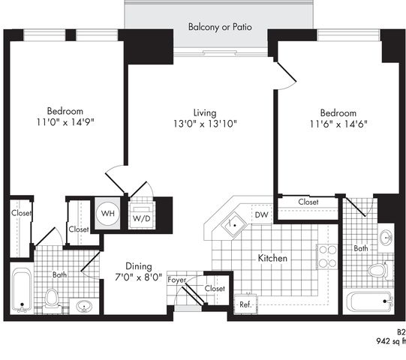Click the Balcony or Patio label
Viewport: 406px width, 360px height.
tap(220, 27)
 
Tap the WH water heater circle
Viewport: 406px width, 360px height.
tap(108, 213)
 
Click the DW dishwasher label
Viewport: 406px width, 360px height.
tap(261, 214)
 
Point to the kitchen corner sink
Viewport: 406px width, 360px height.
tap(234, 224)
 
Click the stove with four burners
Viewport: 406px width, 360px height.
tap(327, 256)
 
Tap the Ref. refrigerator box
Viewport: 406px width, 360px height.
tap(245, 304)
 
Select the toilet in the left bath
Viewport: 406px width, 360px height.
tap(52, 301)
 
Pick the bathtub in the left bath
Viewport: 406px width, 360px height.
tap(22, 290)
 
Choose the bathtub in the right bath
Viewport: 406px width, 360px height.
tap(370, 303)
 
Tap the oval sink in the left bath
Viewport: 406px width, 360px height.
tap(84, 306)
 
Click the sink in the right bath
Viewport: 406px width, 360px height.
tap(386, 237)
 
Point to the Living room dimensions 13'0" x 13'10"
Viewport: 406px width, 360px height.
tap(205, 124)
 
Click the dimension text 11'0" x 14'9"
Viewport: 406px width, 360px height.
tap(65, 122)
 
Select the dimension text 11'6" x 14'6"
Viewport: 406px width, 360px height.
tap(338, 124)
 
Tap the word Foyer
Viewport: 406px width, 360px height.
tap(177, 280)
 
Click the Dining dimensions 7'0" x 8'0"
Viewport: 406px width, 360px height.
tap(139, 277)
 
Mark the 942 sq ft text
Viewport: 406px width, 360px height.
tap(391, 341)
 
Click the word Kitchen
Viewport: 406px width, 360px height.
tap(272, 258)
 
